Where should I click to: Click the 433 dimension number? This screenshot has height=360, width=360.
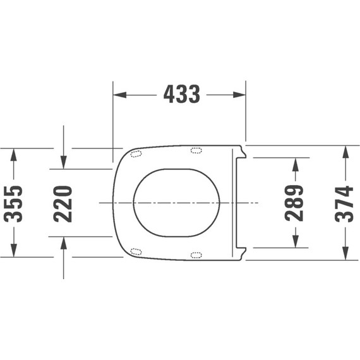coord(181,95)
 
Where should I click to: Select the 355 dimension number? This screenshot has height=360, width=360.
coord(14,203)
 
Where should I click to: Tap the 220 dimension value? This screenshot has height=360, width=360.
coord(63,203)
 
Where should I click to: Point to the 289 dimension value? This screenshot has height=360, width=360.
coord(294,203)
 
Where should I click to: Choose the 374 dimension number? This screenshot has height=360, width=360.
coord(345,203)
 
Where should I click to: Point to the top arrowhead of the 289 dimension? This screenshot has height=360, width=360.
coord(294,164)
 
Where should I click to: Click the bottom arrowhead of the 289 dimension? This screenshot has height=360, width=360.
coord(294,241)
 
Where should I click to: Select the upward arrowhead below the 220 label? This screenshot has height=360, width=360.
coord(63,243)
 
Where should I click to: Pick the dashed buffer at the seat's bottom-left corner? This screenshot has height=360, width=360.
coord(136,251)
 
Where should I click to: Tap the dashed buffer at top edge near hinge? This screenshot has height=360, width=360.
coord(196,150)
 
